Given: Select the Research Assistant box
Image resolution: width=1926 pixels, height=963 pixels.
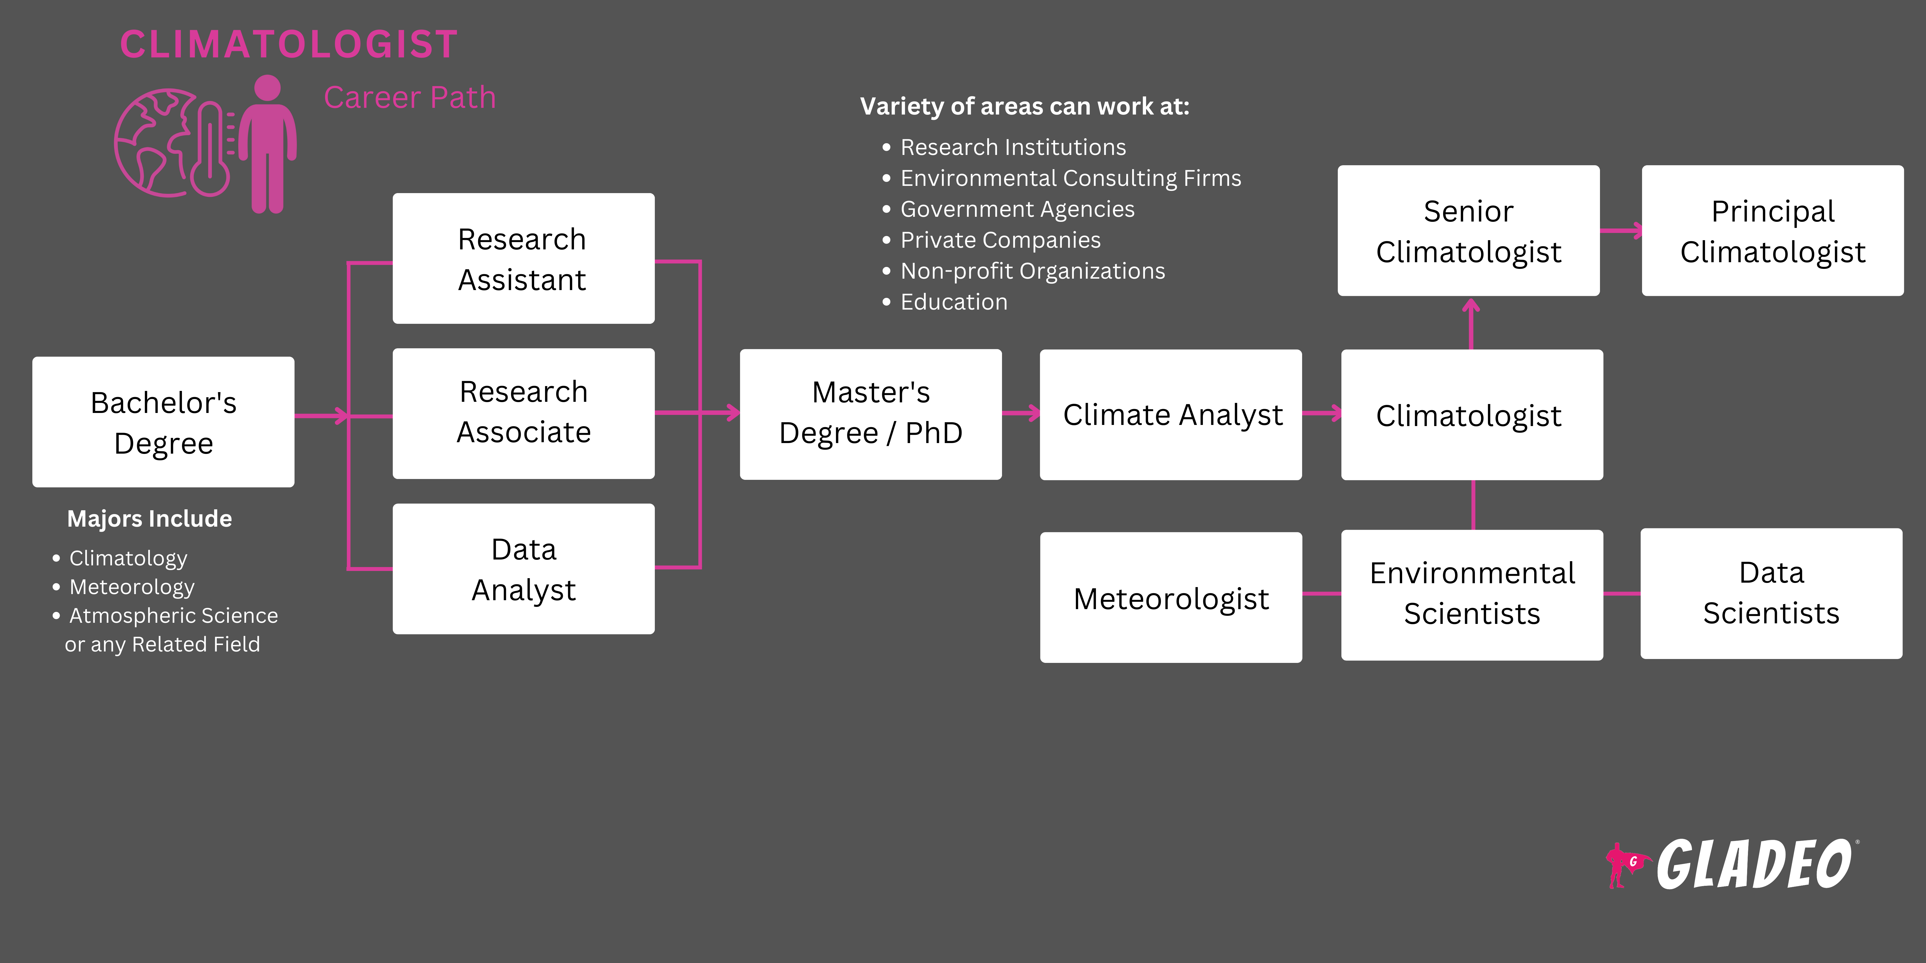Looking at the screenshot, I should pos(523,259).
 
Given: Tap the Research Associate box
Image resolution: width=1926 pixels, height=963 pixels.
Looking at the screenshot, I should pos(523,413).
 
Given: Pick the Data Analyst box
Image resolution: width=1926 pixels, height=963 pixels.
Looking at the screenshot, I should pos(523,569).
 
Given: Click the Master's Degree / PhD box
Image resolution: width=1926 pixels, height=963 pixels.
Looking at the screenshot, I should pos(870,414).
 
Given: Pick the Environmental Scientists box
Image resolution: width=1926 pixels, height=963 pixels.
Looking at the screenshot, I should pos(1472,594).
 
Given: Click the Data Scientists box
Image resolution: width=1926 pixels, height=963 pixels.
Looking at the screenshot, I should pos(1771,594).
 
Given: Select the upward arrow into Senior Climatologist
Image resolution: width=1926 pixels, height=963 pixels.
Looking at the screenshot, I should pos(1471,323).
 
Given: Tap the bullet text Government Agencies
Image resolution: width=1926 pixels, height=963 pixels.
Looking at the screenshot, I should pos(1017,209).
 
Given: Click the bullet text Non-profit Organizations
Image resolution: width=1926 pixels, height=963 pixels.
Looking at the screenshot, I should pos(1032,271).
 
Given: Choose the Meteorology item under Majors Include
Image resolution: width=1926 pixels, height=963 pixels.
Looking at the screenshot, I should pos(132,587).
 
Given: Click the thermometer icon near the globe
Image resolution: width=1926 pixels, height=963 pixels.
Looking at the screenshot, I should pos(211,150).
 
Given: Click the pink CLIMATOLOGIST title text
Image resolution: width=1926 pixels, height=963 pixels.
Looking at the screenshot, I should pos(289,45).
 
